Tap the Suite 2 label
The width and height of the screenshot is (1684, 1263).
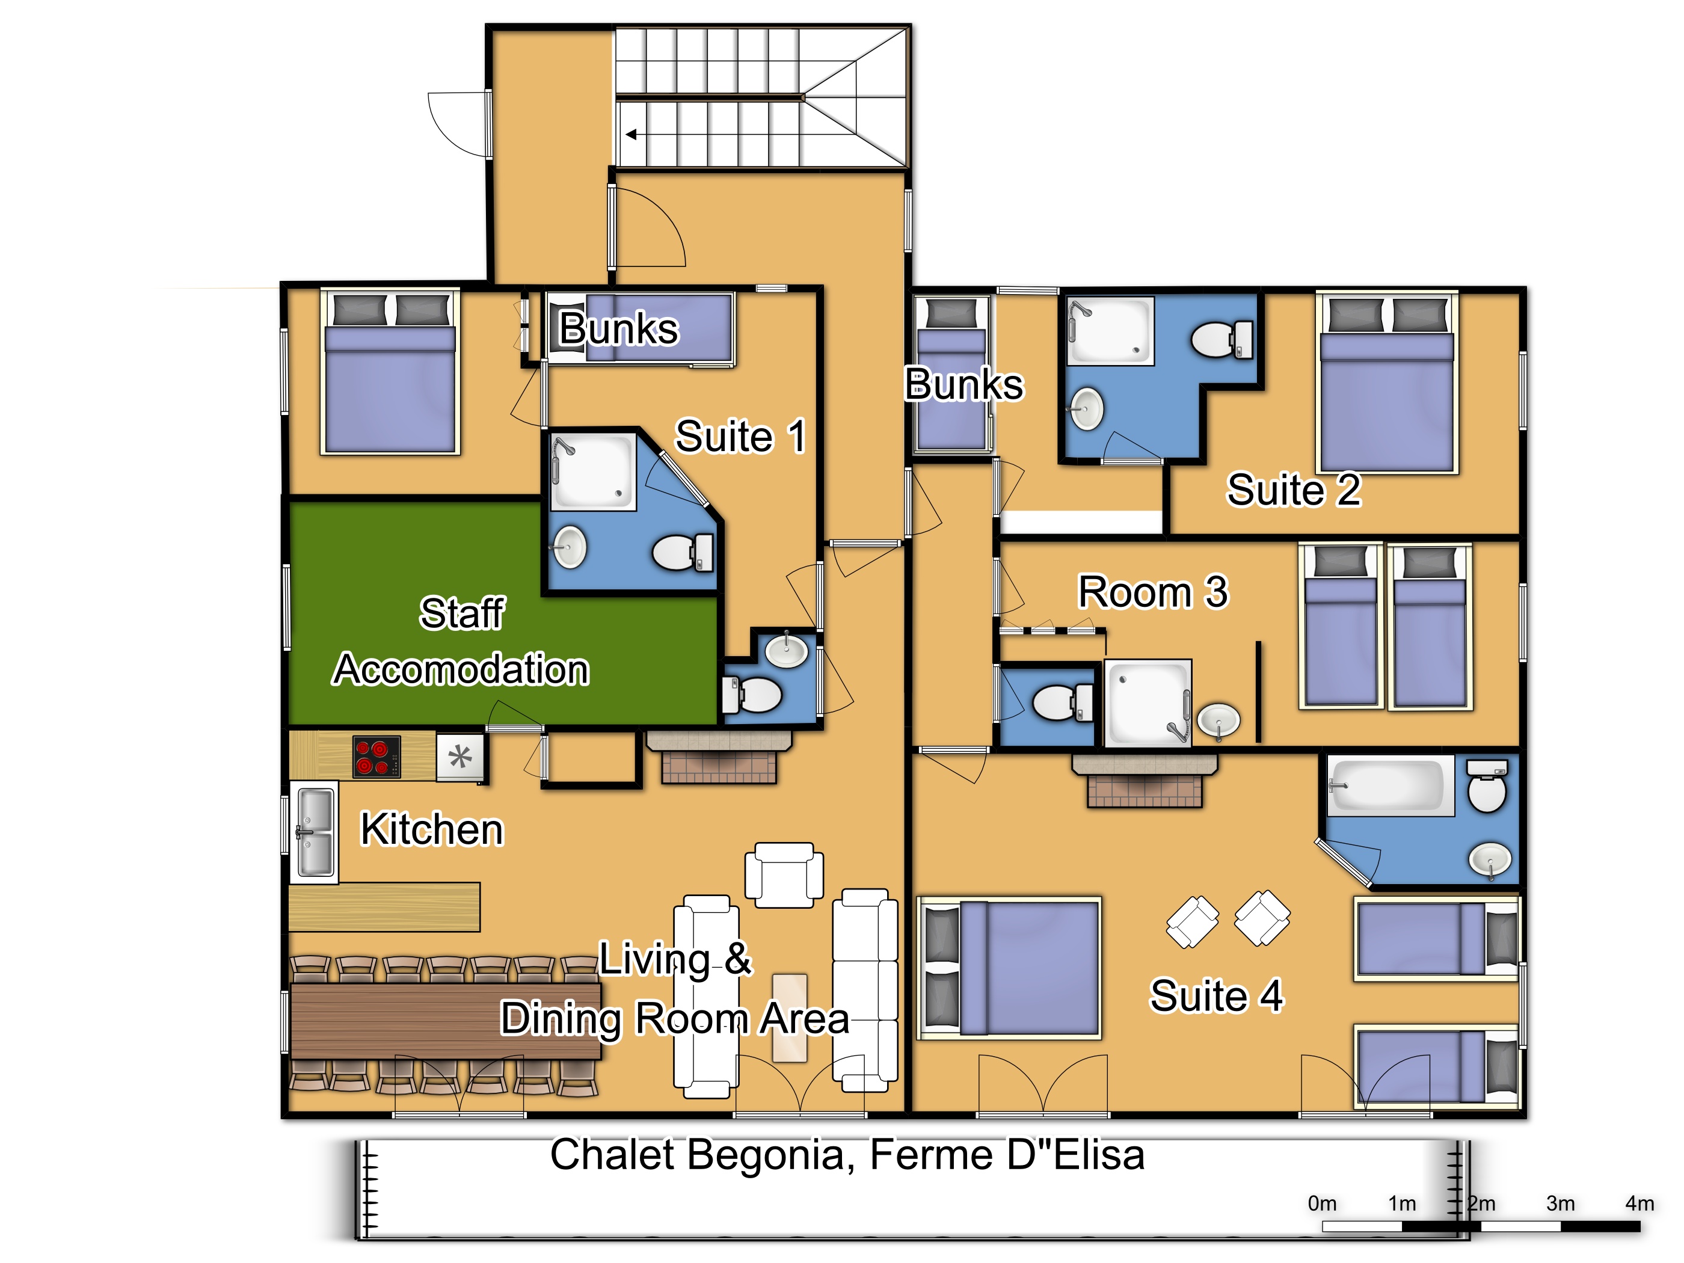(x=1294, y=490)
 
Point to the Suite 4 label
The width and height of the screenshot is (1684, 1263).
(x=1216, y=996)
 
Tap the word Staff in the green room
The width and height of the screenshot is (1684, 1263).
(x=462, y=613)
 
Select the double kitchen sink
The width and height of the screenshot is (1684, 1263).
(x=315, y=832)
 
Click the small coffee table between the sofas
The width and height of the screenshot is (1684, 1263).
(x=790, y=1017)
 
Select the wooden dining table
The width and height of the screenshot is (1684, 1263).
(x=446, y=1021)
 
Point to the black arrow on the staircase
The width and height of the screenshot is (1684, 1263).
(x=631, y=135)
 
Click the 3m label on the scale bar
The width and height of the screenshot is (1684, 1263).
(x=1560, y=1203)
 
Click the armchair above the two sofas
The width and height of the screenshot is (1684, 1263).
(x=784, y=874)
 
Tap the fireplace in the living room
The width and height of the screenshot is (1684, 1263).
(x=719, y=757)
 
